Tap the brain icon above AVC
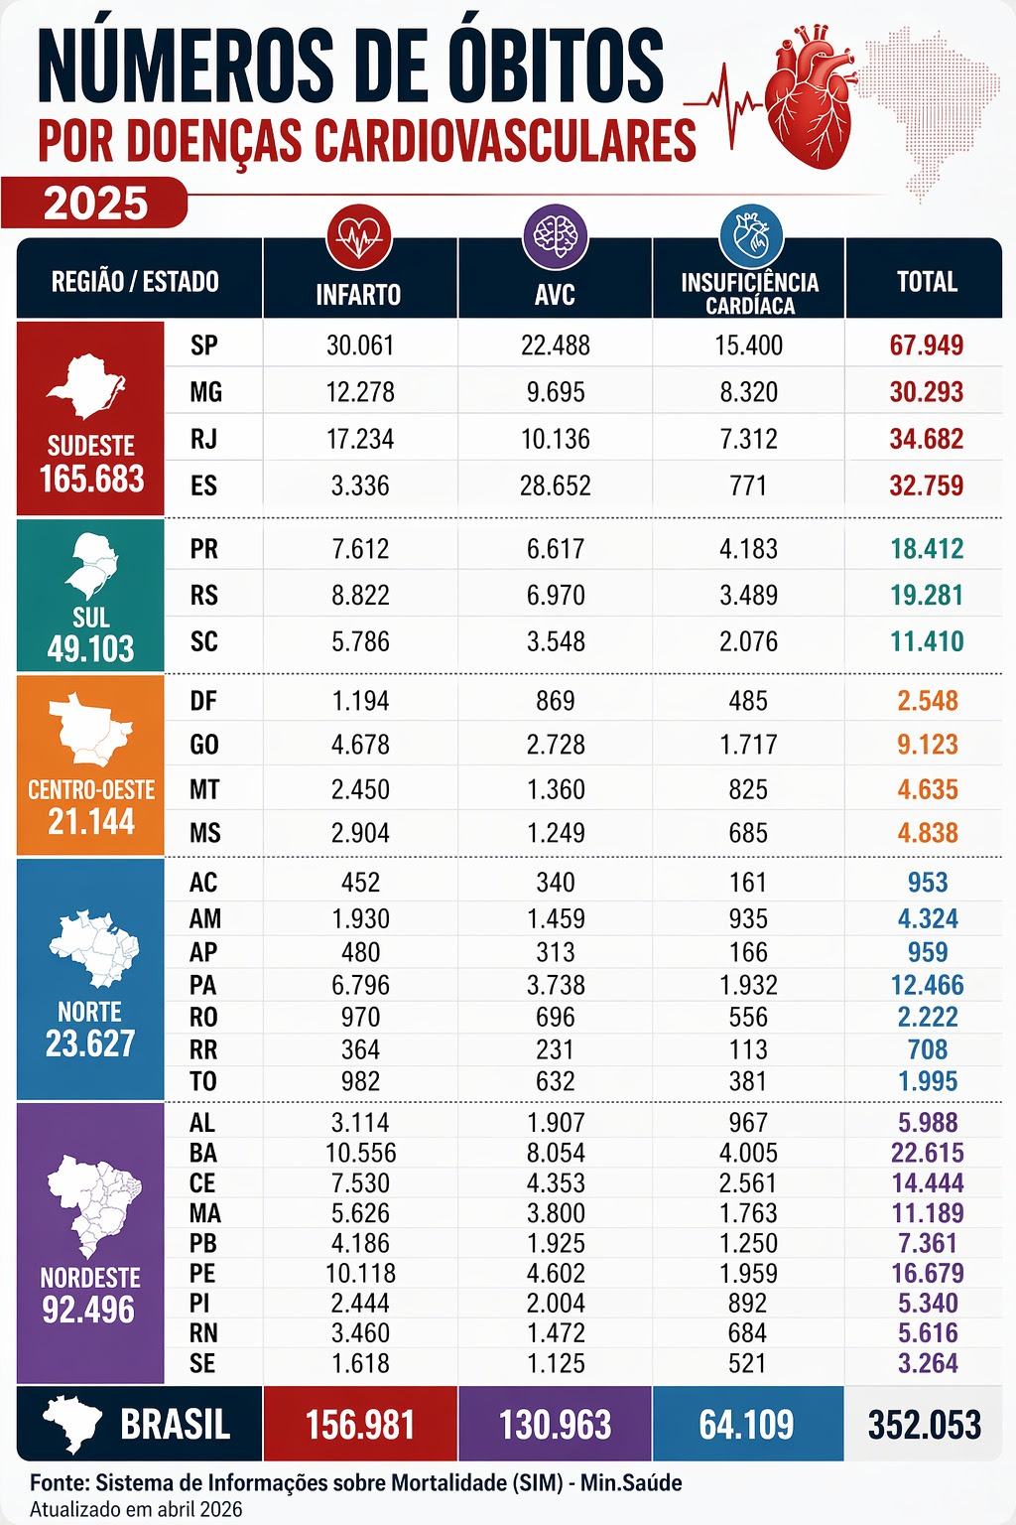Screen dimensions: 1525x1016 tap(555, 236)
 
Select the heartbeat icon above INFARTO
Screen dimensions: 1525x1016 tap(359, 236)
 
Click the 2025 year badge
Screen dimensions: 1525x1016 tap(95, 204)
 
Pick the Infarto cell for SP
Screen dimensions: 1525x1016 tap(360, 346)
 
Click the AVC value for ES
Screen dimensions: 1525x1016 tap(556, 485)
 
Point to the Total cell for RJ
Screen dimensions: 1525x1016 tap(926, 439)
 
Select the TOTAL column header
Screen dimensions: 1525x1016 tap(927, 282)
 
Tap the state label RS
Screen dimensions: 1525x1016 tap(204, 595)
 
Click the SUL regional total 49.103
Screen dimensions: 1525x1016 tap(90, 649)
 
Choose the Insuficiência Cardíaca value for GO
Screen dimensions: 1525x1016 tap(748, 745)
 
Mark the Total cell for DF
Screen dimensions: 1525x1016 tap(927, 701)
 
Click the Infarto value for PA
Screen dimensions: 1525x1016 tap(360, 985)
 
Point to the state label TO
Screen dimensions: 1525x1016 tap(203, 1081)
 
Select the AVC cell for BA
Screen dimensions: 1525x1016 tap(556, 1153)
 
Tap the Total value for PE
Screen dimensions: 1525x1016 tap(927, 1273)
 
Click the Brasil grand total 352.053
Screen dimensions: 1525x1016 tap(925, 1425)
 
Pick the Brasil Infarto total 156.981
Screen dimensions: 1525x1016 tap(360, 1425)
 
